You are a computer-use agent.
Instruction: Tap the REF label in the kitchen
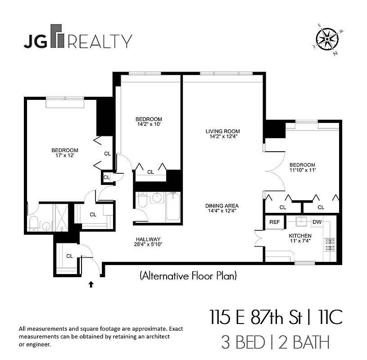(274, 222)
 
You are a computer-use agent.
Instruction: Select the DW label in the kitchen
(317, 222)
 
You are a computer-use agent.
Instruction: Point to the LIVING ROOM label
(221, 131)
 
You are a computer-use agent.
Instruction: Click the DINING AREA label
(221, 206)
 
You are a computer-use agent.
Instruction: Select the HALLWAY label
(148, 239)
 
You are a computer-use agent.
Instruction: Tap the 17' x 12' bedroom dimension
(64, 156)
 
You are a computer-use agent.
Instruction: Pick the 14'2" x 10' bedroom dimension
(149, 125)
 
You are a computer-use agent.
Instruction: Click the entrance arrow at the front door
(91, 284)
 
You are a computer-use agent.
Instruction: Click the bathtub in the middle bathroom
(173, 206)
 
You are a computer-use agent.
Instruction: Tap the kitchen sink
(301, 221)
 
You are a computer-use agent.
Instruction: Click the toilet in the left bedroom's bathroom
(34, 223)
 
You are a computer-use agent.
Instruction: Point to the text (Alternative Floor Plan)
(188, 275)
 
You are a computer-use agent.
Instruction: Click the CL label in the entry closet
(69, 256)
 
